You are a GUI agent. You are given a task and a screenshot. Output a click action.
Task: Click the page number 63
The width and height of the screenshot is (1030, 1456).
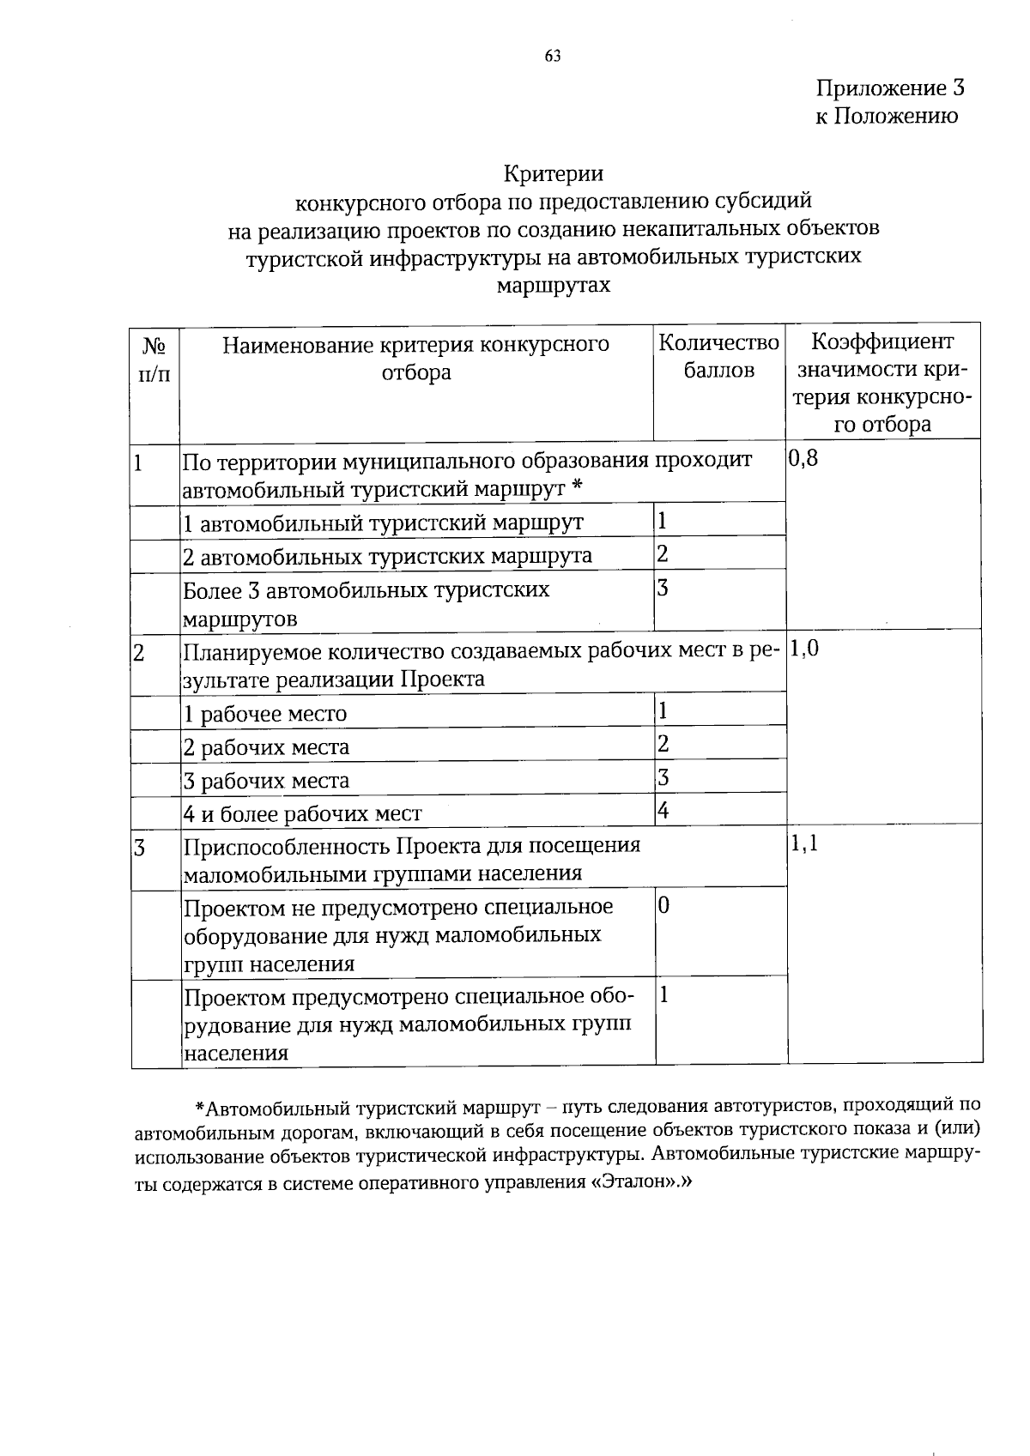coord(553,57)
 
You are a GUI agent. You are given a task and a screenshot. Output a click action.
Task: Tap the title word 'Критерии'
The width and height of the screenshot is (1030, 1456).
coord(553,174)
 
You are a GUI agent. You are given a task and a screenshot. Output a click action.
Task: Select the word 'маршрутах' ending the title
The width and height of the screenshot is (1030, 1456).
coord(554,285)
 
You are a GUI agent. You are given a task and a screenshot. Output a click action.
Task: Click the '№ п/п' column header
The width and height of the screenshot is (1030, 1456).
coord(154,359)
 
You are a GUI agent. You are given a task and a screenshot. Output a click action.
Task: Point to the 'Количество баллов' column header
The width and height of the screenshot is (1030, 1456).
coord(718,357)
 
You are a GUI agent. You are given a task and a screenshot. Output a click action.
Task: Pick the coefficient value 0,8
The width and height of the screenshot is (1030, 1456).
coord(803,458)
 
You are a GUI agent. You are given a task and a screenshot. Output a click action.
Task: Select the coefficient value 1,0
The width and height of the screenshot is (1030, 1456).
coord(803,649)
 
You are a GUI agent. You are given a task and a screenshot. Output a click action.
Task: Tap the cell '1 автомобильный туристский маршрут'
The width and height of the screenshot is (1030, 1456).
coord(384,523)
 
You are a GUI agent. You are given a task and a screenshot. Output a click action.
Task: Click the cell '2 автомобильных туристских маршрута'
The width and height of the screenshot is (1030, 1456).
coord(388,557)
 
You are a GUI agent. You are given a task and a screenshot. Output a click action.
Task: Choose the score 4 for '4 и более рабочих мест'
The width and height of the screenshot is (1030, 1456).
coord(663,810)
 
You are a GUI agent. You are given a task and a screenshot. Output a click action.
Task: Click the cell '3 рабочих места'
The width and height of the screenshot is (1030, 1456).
coord(267,782)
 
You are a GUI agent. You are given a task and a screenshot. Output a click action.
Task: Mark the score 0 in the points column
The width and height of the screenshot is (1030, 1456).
coord(663,906)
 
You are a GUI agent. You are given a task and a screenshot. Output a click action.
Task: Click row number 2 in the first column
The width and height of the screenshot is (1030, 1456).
coord(138,654)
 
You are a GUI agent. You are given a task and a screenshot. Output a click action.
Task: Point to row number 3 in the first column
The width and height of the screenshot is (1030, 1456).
coord(138,849)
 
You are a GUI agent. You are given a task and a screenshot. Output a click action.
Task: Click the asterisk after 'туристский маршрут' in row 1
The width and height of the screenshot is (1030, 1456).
coord(577,486)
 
